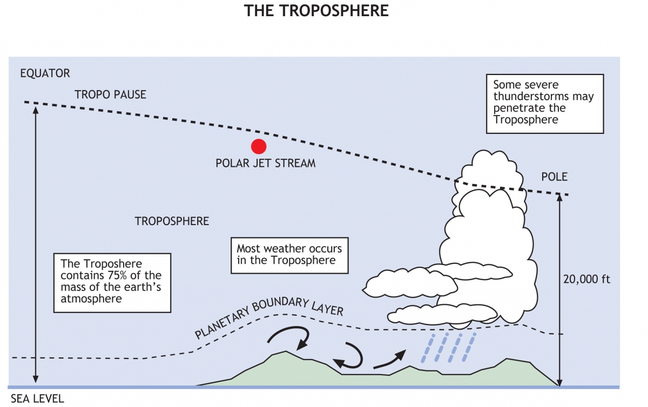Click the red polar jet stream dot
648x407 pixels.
coord(259,146)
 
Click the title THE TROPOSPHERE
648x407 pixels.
coord(316,11)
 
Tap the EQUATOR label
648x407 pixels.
coord(45,73)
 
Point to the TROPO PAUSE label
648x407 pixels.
coord(110,94)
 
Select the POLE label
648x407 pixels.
coord(555,177)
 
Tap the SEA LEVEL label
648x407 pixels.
coord(37,399)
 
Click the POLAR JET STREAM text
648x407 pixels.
coord(265,163)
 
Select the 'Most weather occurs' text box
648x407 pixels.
coord(289,255)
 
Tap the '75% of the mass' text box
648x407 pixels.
coord(112,281)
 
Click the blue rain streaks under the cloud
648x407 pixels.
coord(448,347)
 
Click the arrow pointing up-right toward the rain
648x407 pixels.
coord(390,359)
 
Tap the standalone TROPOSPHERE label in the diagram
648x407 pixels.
coord(172,221)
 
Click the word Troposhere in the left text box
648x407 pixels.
coord(112,263)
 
